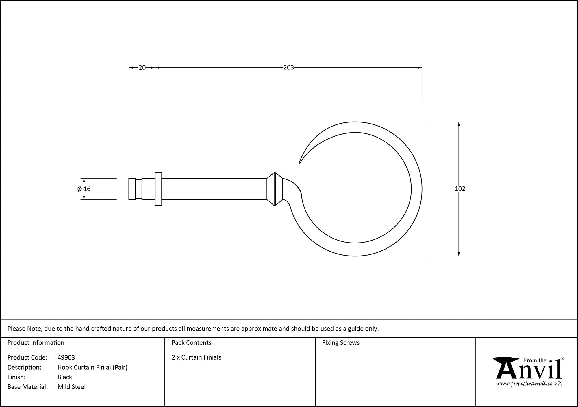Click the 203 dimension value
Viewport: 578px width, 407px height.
pyautogui.click(x=288, y=67)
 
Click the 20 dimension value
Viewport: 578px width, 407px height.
pyautogui.click(x=142, y=67)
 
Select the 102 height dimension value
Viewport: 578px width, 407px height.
pyautogui.click(x=460, y=189)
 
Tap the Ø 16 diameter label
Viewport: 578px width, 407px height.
pyautogui.click(x=84, y=189)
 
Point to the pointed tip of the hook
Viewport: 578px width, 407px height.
pyautogui.click(x=299, y=164)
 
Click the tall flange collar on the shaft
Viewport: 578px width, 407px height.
pyautogui.click(x=158, y=189)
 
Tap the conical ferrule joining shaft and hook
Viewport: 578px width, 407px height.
pyautogui.click(x=274, y=189)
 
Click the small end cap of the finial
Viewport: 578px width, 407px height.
pyautogui.click(x=132, y=189)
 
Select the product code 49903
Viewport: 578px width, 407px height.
pyautogui.click(x=66, y=357)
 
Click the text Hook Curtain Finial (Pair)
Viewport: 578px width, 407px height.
pyautogui.click(x=92, y=367)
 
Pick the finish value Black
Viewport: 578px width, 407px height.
pyautogui.click(x=65, y=377)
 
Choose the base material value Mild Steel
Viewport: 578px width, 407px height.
pyautogui.click(x=72, y=387)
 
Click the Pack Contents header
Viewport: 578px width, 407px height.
pyautogui.click(x=191, y=343)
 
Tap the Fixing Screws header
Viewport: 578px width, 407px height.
pyautogui.click(x=341, y=343)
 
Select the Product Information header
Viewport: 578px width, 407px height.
pyautogui.click(x=36, y=343)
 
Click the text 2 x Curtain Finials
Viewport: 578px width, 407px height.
pyautogui.click(x=197, y=357)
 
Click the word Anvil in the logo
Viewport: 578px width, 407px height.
pyautogui.click(x=529, y=371)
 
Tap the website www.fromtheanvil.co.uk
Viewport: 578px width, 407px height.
pyautogui.click(x=529, y=384)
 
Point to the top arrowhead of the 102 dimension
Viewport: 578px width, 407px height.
pyautogui.click(x=459, y=124)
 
